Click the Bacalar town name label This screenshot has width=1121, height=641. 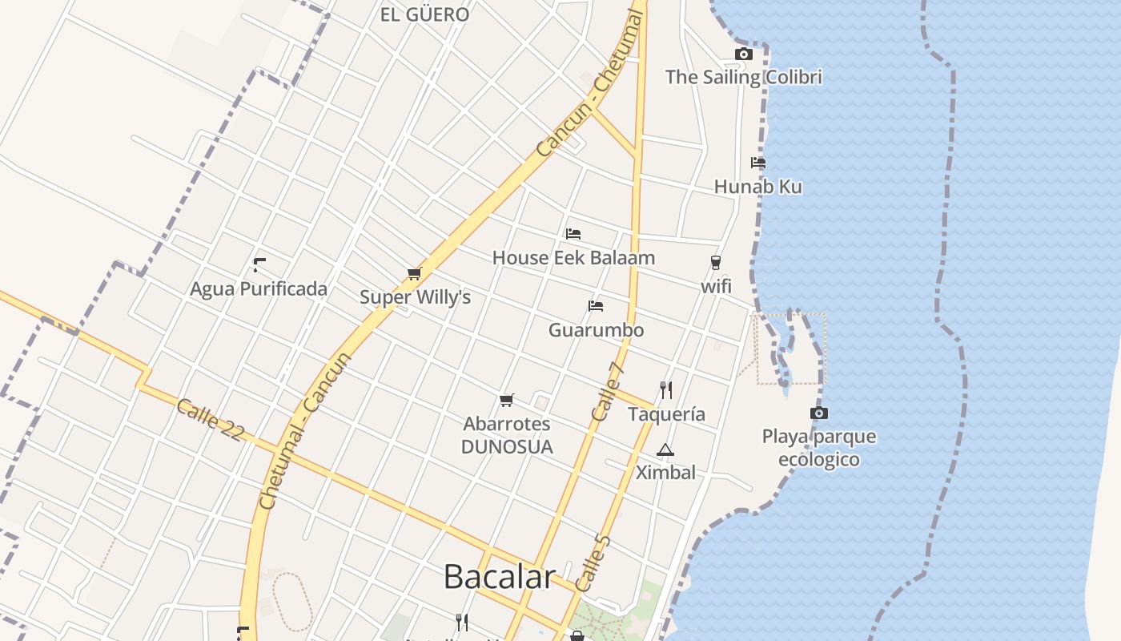[x=499, y=577]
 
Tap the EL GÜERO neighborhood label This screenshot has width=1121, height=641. [x=424, y=14]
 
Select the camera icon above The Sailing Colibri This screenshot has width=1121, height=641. [x=744, y=54]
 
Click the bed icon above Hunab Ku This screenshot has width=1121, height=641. [x=758, y=163]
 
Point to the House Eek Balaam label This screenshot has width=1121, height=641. [x=573, y=258]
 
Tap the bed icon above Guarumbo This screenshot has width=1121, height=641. [x=595, y=306]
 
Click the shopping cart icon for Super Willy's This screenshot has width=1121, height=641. [x=415, y=274]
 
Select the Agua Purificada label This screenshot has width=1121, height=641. [x=259, y=289]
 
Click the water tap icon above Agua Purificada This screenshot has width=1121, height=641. [x=259, y=264]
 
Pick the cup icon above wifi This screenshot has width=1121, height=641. [x=716, y=263]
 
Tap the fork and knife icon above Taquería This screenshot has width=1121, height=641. [x=666, y=390]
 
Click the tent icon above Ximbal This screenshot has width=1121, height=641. [x=665, y=450]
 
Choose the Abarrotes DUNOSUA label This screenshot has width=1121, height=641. [x=507, y=435]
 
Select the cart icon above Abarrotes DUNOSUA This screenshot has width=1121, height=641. [x=506, y=400]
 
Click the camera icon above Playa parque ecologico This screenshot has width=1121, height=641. [x=818, y=413]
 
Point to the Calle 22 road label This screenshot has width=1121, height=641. [x=210, y=419]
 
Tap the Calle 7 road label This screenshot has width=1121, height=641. [x=608, y=392]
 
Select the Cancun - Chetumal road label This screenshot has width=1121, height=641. [x=589, y=84]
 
